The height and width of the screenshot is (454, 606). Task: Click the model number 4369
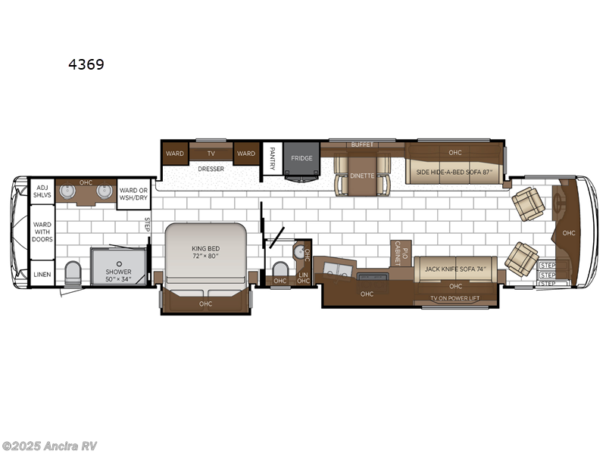pos(86,65)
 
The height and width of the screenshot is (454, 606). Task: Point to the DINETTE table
pos(362,175)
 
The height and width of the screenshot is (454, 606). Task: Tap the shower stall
pos(119,266)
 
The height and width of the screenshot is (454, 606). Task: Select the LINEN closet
pos(42,274)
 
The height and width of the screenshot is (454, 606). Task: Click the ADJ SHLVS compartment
pos(42,190)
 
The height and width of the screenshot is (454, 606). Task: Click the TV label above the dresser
pos(211,153)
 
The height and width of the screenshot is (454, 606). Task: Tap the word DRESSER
pos(211,169)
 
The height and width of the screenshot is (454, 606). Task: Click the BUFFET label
pos(362,144)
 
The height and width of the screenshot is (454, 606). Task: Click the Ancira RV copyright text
pos(49,446)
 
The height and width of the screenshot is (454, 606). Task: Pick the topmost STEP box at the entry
pos(548,265)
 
